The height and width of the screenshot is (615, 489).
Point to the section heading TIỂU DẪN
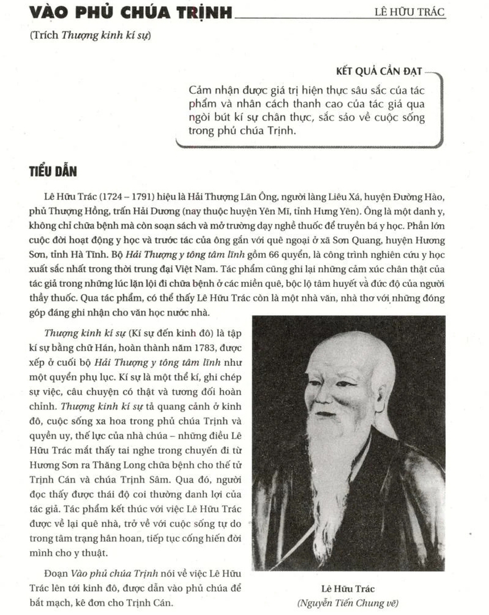point(53,171)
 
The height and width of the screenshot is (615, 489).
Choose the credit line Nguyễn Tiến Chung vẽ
point(349,602)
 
